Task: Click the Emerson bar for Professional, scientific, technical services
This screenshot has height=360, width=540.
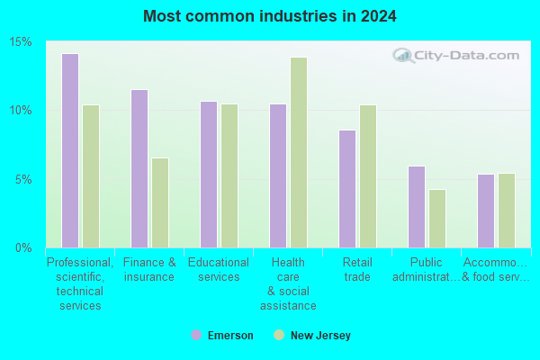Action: point(70,150)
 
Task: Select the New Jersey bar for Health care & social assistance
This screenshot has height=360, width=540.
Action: point(299,152)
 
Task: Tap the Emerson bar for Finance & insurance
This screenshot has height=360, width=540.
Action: point(139,168)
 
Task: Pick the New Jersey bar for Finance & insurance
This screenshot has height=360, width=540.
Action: point(160,202)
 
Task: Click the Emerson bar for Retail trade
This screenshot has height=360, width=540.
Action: point(347,189)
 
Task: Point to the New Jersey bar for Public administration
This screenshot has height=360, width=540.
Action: point(437,219)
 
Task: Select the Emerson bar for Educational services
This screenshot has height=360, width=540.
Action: point(209,175)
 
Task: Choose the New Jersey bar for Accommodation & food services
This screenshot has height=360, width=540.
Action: point(507,211)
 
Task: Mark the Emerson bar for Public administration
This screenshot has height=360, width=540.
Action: point(417,207)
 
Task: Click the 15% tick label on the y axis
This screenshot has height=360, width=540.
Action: point(21,42)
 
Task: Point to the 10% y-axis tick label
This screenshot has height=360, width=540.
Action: point(21,111)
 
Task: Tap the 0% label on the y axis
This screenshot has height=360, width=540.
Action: point(23,247)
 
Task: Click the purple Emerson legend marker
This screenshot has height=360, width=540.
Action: point(196,335)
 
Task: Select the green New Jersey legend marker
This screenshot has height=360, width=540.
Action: point(279,335)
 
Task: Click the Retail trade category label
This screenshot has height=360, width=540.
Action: point(357,269)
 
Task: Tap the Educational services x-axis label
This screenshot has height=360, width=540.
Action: point(219,269)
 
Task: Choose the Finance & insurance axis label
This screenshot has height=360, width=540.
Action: point(149,269)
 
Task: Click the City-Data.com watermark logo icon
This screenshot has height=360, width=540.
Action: point(403,56)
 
